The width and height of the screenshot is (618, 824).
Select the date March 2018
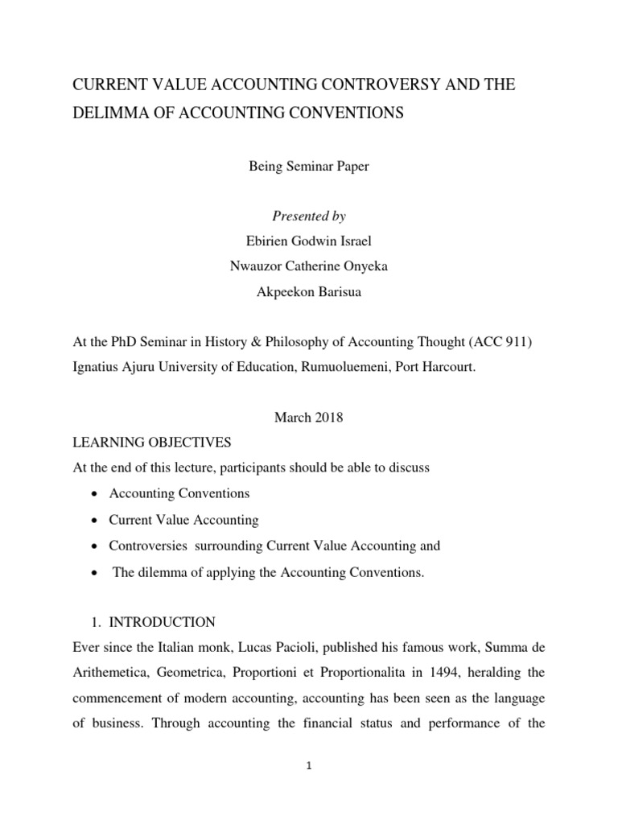(309, 418)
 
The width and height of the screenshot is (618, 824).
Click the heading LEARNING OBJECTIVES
(152, 443)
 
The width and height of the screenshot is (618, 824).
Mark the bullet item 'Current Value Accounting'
(184, 520)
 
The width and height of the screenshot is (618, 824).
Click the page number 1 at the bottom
(309, 767)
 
